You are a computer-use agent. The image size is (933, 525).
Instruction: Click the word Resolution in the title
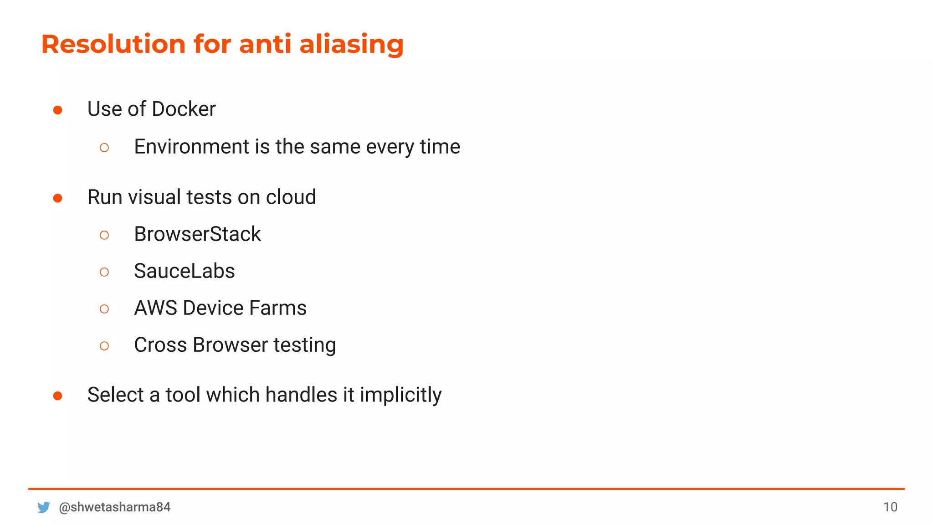[x=113, y=44]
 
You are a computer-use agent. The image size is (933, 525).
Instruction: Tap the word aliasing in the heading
[x=351, y=44]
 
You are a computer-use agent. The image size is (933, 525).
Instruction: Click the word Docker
[x=184, y=109]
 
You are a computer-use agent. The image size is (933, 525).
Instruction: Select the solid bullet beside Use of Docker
[x=58, y=110]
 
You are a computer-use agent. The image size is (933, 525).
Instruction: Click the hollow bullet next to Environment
[x=104, y=148]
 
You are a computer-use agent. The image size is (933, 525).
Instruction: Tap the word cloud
[x=291, y=197]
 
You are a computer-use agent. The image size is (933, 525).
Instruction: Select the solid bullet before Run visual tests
[x=58, y=198]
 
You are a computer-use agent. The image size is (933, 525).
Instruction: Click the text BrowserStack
[x=197, y=234]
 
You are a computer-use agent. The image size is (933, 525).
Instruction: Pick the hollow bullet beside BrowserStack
[x=104, y=235]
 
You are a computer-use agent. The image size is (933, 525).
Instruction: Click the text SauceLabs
[x=185, y=271]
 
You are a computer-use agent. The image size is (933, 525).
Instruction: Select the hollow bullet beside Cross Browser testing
[x=104, y=346]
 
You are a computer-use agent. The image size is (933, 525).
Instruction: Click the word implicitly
[x=400, y=395]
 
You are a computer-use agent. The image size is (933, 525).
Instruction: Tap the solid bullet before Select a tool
[x=58, y=396]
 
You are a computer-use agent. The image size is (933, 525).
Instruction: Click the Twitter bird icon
[x=44, y=507]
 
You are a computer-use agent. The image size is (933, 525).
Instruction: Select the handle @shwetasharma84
[x=115, y=507]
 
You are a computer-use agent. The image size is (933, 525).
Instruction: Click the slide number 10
[x=890, y=507]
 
